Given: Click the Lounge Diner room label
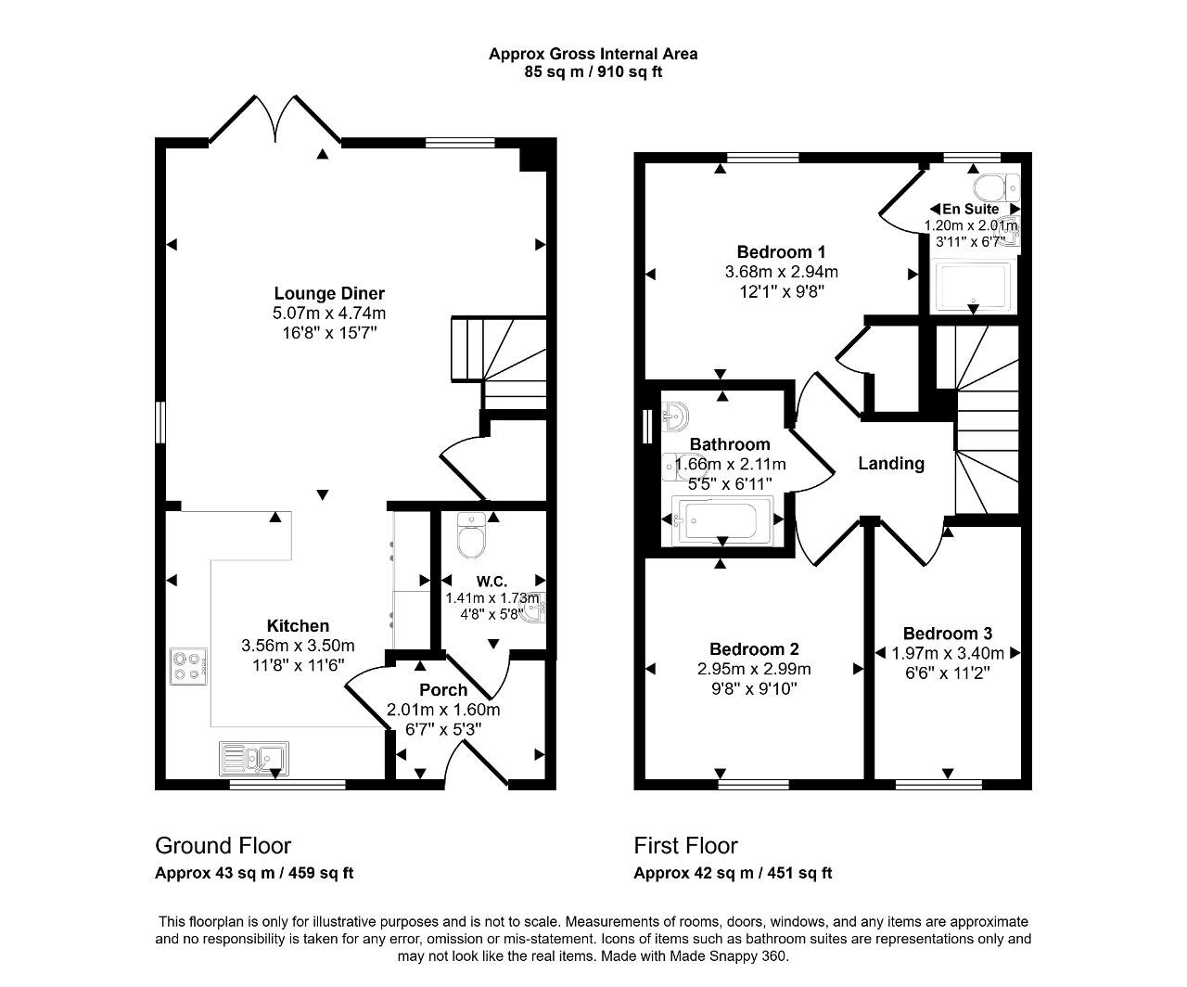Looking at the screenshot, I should tap(329, 294).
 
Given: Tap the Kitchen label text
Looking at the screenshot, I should tap(298, 626).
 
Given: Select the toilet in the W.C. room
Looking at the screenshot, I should tap(472, 538).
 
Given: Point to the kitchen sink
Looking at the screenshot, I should tap(254, 758).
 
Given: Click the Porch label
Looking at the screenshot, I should tap(443, 690).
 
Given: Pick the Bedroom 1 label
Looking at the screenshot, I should tap(781, 251).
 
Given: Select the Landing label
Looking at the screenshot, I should tap(890, 463).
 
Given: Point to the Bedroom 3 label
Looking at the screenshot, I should tap(948, 634).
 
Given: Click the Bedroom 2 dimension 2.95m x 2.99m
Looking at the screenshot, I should tap(754, 669).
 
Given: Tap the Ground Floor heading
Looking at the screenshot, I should tap(223, 845).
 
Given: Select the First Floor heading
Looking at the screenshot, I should tap(685, 845).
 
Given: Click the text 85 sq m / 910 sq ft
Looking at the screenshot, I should tap(593, 71).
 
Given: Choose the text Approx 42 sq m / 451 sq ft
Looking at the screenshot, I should tap(733, 873).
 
